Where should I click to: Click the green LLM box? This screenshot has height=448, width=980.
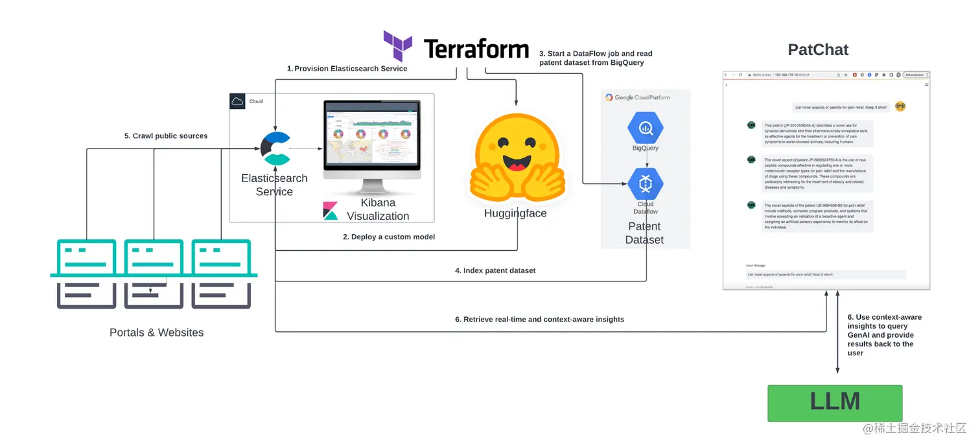click(835, 403)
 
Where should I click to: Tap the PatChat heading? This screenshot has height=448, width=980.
click(818, 50)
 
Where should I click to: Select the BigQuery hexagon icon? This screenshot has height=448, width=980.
click(645, 128)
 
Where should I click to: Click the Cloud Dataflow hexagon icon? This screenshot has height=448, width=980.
click(645, 184)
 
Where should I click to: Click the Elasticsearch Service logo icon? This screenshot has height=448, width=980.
click(275, 149)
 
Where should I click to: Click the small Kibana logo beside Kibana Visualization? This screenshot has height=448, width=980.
click(331, 211)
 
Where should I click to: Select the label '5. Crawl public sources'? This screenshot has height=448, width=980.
click(166, 136)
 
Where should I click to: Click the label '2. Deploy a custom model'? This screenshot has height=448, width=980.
click(389, 237)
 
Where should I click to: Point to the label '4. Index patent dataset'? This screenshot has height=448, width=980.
click(495, 270)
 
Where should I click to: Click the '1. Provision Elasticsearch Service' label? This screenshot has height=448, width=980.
click(347, 69)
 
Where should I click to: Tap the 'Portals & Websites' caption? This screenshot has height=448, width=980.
click(156, 333)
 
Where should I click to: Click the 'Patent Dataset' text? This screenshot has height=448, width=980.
click(644, 233)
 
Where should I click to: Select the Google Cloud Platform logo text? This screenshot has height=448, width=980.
click(638, 98)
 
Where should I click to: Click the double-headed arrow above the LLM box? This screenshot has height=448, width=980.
click(837, 334)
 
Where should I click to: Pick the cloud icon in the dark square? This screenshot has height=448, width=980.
click(237, 101)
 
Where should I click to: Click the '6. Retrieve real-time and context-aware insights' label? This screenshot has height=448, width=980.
click(539, 320)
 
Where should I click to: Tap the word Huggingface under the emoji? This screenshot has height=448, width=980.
click(515, 213)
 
